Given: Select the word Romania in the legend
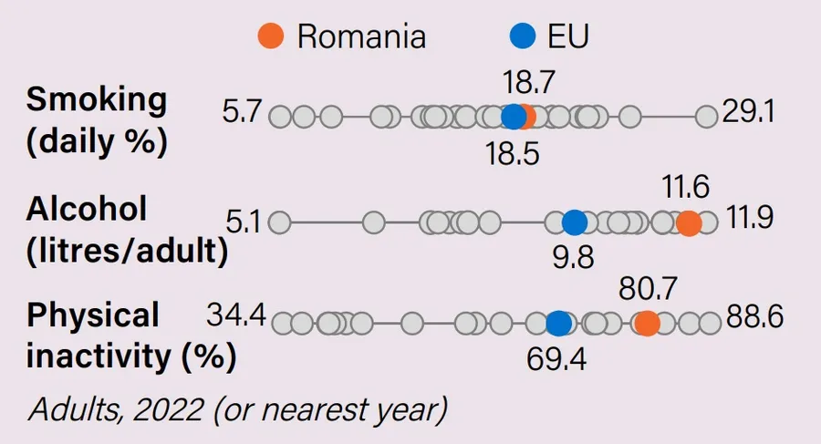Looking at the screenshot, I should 361,36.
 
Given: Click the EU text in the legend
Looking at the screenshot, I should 567,36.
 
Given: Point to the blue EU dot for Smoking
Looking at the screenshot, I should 514,117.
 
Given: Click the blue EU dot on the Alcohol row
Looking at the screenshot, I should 574,222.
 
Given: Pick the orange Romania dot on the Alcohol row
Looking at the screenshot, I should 689,222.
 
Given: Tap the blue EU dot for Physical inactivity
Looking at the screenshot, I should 559,323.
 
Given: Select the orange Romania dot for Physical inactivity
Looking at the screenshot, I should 647,323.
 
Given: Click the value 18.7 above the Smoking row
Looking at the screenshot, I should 529,84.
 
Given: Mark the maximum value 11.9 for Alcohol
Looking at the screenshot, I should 751,219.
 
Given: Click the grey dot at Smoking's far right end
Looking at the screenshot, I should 706,117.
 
